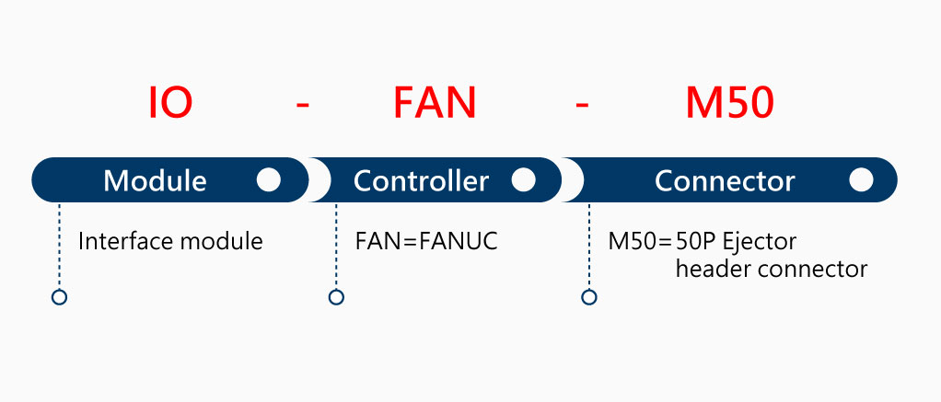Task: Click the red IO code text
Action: [x=170, y=103]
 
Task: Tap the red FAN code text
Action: [x=435, y=103]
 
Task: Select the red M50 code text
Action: [x=729, y=103]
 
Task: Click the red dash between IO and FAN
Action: [x=303, y=105]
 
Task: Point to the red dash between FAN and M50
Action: [x=581, y=105]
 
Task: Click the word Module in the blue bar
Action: [x=155, y=180]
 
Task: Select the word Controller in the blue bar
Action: [x=421, y=180]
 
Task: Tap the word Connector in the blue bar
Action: [x=724, y=180]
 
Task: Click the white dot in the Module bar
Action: [x=269, y=179]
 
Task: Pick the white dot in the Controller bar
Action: [x=523, y=179]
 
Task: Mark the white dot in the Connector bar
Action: [x=861, y=179]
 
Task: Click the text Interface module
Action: [x=170, y=242]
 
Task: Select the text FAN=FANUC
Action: [x=426, y=242]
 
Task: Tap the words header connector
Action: [x=771, y=269]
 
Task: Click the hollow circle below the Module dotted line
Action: [x=59, y=297]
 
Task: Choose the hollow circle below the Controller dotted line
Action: [x=336, y=297]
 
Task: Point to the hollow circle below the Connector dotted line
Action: [x=589, y=297]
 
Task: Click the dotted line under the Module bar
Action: [x=59, y=248]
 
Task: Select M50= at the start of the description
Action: [x=639, y=243]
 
